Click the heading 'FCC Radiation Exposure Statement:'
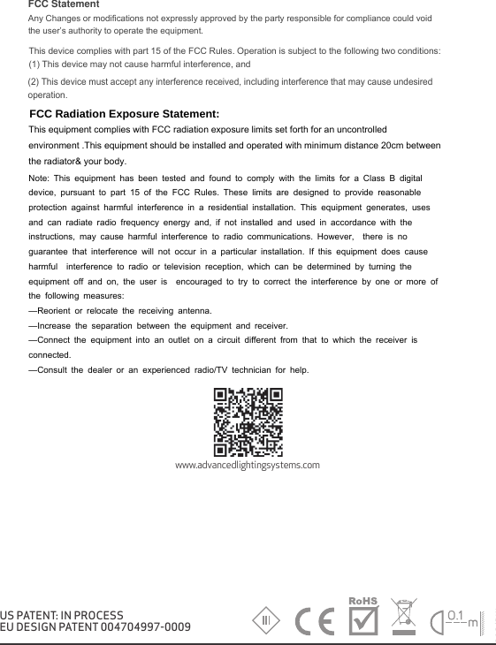click(125, 115)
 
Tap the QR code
click(248, 420)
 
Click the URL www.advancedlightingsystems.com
click(248, 465)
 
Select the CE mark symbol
click(314, 620)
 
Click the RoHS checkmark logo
click(363, 616)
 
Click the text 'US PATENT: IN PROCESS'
click(62, 615)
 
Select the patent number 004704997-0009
click(134, 627)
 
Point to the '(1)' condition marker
click(36, 64)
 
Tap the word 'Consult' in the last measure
click(56, 369)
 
